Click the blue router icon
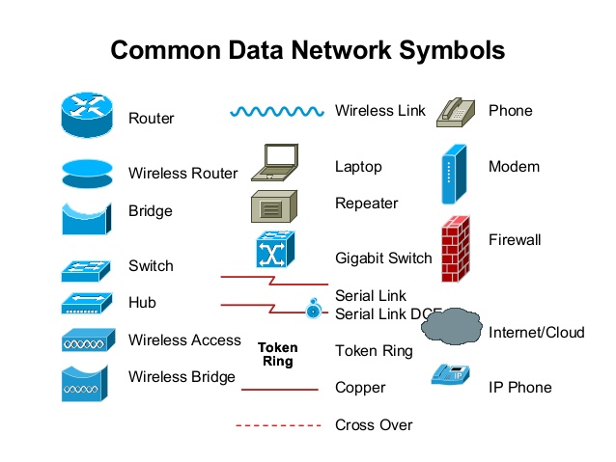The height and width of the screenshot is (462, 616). [88, 116]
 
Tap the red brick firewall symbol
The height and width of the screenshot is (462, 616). [461, 249]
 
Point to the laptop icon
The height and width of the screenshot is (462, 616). [276, 163]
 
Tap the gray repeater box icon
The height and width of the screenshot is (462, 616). [274, 205]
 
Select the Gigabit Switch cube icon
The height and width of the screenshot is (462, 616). [276, 250]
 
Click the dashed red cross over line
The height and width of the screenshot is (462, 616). [279, 425]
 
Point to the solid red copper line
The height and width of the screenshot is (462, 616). [279, 390]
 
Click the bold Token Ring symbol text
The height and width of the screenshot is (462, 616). [278, 354]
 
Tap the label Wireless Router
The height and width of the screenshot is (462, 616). [182, 174]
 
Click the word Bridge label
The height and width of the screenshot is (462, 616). [151, 210]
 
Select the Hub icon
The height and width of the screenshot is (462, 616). [88, 304]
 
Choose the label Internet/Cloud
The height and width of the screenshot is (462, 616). [537, 333]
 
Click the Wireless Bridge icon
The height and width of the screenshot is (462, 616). [88, 383]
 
